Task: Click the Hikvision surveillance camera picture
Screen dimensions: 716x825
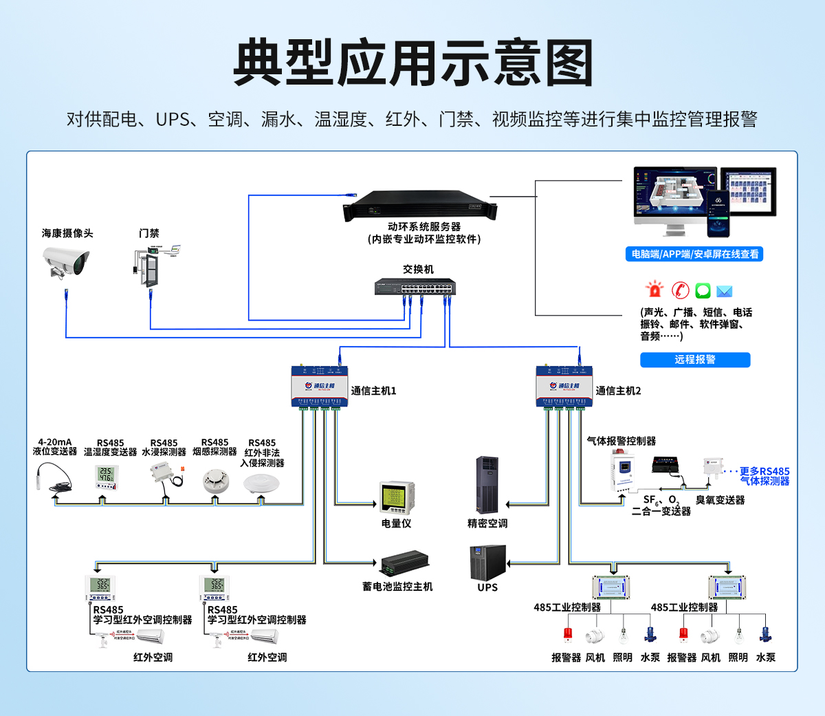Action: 66,262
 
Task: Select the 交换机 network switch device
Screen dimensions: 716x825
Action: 415,286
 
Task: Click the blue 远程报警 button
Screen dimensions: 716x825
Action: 695,360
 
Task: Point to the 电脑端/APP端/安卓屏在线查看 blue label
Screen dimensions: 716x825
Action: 695,254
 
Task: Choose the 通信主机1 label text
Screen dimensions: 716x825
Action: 373,391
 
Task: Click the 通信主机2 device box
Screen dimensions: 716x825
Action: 560,386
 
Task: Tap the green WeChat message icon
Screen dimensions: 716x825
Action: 703,290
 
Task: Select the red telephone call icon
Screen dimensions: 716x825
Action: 680,290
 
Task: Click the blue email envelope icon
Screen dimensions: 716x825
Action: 725,291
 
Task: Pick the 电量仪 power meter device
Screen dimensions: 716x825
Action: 396,497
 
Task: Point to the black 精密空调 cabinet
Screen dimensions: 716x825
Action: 487,484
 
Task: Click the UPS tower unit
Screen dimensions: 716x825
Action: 487,562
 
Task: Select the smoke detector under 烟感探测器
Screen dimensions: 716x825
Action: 215,481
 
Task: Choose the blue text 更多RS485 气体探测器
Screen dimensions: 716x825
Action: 764,476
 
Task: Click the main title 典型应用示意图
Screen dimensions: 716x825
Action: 412,63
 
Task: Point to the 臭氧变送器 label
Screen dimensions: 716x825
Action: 720,500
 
